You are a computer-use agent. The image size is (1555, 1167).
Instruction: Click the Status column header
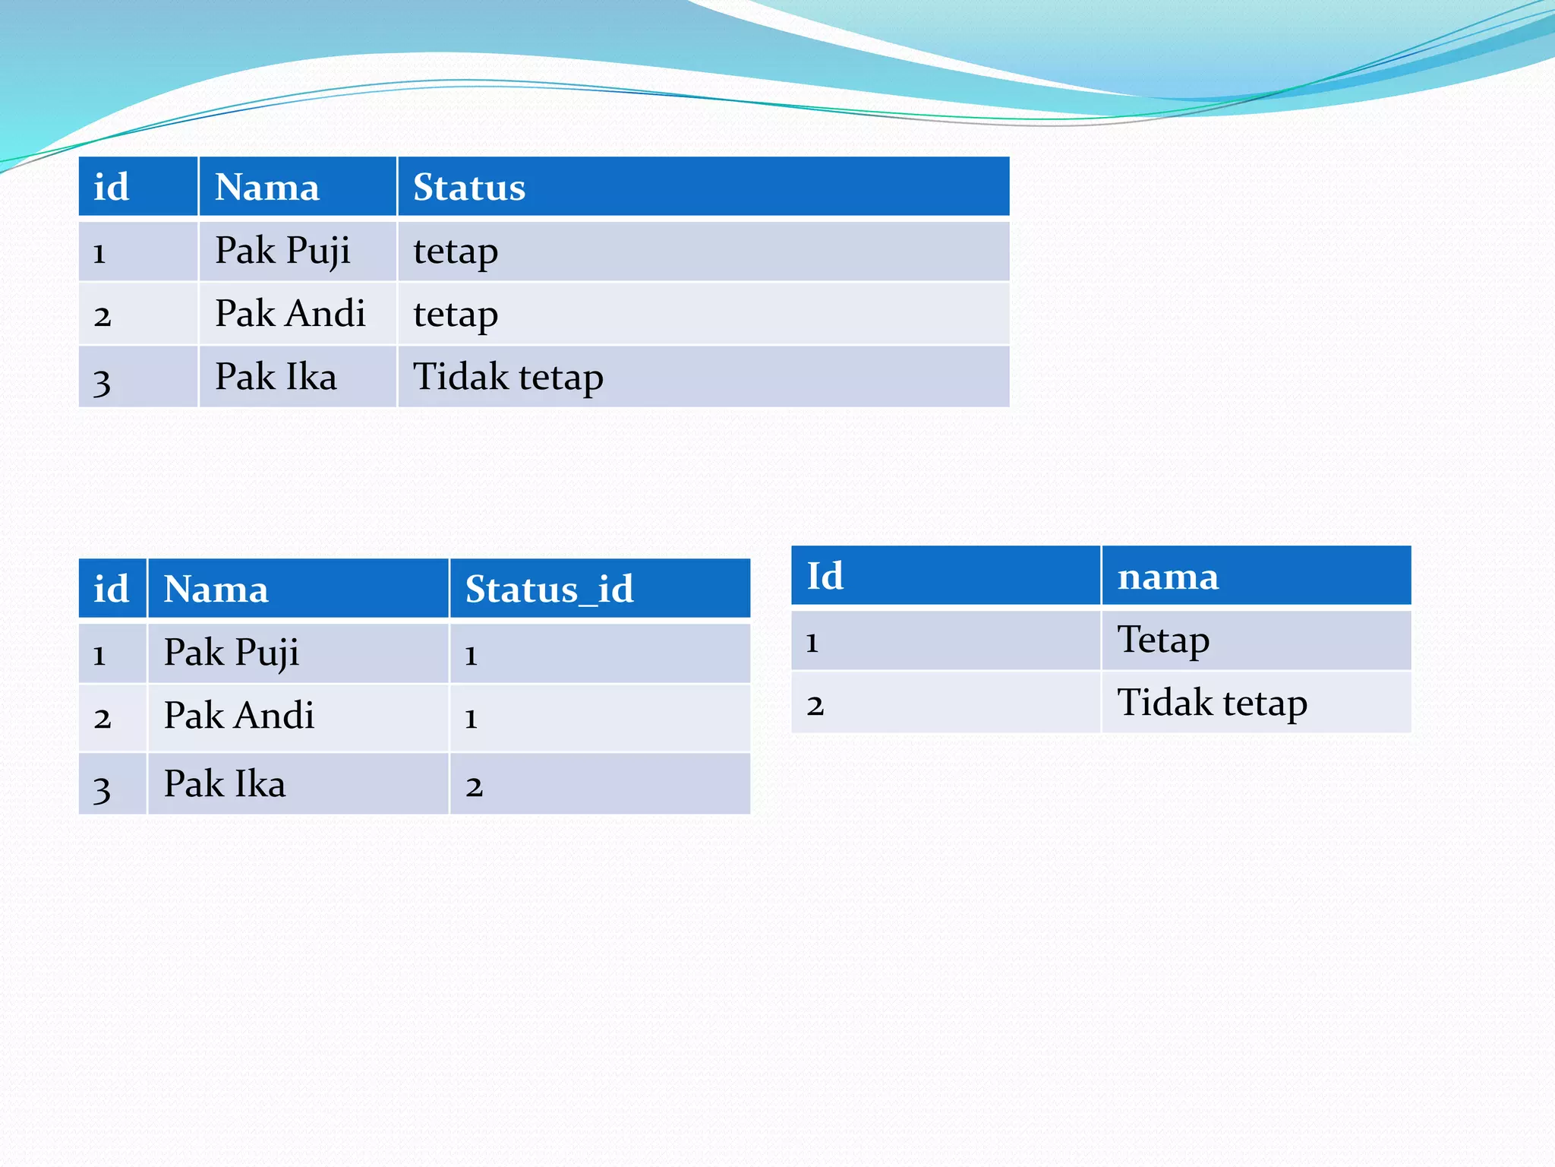click(x=469, y=187)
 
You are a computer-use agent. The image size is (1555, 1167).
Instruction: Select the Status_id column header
click(x=549, y=589)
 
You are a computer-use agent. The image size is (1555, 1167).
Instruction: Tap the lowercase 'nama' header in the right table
click(x=1168, y=576)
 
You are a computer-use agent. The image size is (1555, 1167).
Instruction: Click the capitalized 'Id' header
click(x=825, y=576)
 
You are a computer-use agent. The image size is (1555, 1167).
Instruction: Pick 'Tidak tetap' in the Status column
click(x=508, y=377)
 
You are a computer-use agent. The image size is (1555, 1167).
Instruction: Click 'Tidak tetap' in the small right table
click(x=1212, y=703)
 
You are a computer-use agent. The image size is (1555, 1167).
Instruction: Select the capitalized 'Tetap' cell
click(x=1163, y=640)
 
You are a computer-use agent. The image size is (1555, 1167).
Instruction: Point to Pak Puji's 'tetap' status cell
click(x=456, y=251)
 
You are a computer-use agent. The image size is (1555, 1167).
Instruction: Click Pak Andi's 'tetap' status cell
click(x=456, y=314)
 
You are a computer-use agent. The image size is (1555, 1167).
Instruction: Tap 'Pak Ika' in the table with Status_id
click(x=225, y=784)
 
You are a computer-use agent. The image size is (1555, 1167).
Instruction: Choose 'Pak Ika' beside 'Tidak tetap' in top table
click(x=276, y=377)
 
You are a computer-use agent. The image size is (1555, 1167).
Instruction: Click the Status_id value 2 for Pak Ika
click(x=475, y=786)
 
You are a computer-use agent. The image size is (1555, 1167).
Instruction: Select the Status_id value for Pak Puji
click(x=472, y=654)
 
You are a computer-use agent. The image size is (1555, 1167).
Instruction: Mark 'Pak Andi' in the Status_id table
click(x=239, y=716)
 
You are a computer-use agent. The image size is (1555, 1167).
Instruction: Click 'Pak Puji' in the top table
click(x=282, y=251)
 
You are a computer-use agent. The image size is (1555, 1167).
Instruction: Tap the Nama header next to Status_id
click(x=216, y=589)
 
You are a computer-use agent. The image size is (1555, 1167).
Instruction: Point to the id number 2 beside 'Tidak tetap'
click(x=815, y=704)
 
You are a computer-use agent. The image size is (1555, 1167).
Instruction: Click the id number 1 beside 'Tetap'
click(x=812, y=642)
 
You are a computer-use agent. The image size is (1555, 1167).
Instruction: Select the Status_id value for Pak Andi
click(x=472, y=717)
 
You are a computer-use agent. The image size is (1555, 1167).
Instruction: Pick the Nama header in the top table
click(x=267, y=187)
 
